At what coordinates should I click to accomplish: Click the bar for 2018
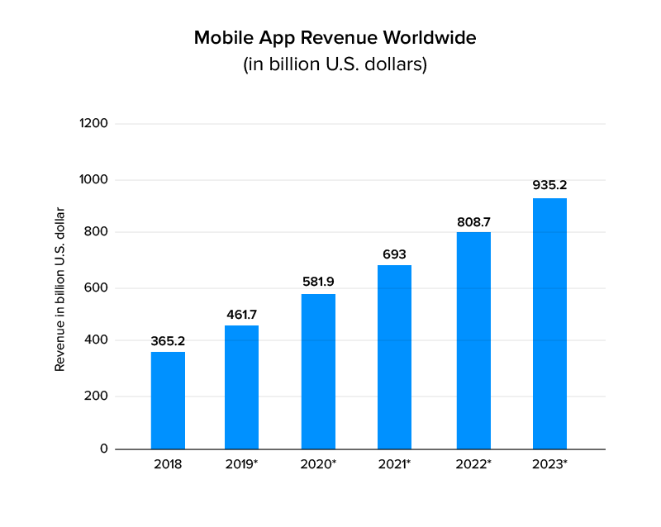coord(168,401)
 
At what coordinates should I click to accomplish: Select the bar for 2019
coord(242,387)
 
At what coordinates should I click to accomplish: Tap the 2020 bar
coord(318,372)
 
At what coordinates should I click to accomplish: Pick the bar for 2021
coord(394,357)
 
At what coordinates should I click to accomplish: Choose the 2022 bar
coord(473,340)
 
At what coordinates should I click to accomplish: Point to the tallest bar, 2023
coord(549,324)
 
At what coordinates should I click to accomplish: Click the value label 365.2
coord(168,340)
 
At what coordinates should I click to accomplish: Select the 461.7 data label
coord(242,314)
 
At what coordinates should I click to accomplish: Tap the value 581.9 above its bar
coord(318,282)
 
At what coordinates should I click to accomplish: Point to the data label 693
coord(394,254)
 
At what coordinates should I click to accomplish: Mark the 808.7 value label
coord(473,221)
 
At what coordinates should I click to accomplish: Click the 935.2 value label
coord(549,185)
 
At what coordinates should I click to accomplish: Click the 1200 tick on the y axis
coord(93,124)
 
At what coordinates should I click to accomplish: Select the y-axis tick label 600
coord(97,288)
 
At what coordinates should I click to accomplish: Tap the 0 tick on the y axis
coord(104,449)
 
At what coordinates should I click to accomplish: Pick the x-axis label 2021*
coord(394,464)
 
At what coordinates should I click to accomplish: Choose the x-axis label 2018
coord(168,464)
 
